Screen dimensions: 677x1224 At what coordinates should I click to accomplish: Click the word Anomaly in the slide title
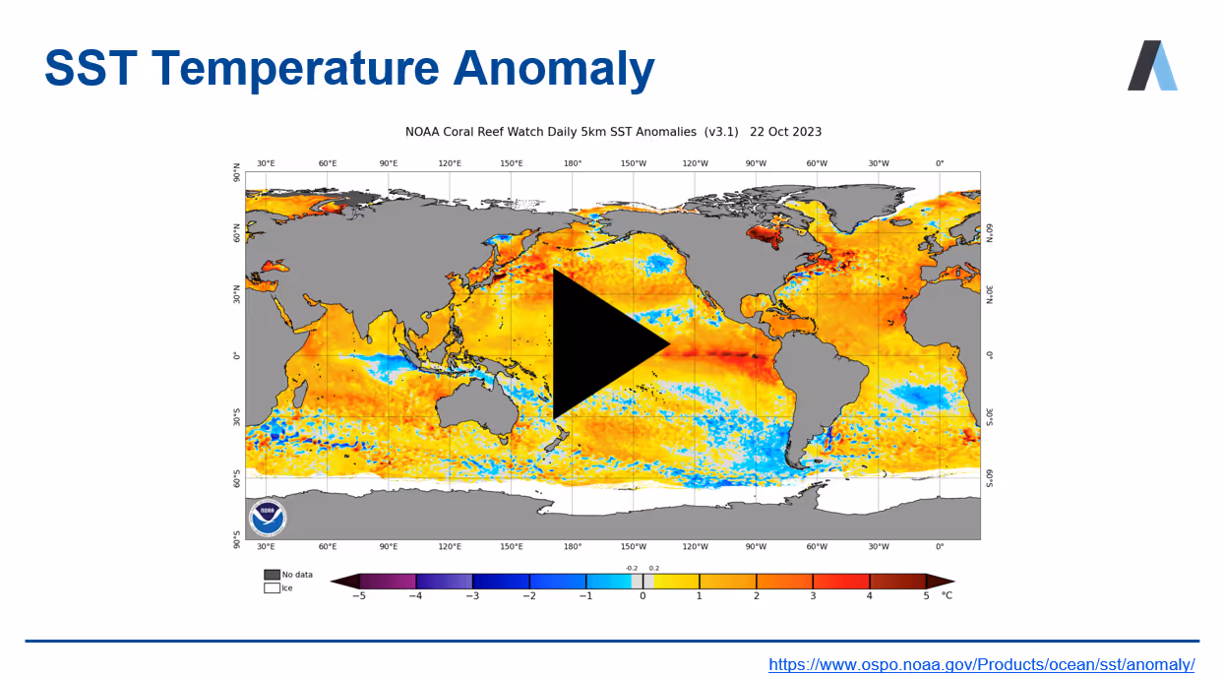[554, 69]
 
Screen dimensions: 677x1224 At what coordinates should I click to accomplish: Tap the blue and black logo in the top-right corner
[1152, 66]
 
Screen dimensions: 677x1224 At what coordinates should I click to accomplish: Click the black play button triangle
[602, 343]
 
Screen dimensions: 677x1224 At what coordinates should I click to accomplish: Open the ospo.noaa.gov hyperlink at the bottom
[981, 664]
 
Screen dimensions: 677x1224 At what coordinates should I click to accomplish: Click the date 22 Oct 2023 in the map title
[785, 131]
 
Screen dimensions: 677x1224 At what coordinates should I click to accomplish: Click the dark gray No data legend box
[272, 575]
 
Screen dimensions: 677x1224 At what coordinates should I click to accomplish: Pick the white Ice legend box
[272, 588]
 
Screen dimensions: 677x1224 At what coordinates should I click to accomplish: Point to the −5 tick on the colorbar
[360, 595]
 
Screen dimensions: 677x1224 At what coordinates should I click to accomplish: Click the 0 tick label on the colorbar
[643, 595]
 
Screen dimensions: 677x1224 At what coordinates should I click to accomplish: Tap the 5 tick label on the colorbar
[926, 595]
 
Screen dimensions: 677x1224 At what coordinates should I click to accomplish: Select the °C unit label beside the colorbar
[947, 595]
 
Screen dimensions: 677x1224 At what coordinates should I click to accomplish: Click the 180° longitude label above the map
[572, 163]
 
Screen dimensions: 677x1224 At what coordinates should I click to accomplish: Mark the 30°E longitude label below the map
[266, 546]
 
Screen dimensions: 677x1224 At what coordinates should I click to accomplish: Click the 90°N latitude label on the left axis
[236, 173]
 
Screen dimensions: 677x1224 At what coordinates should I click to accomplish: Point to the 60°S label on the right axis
[989, 478]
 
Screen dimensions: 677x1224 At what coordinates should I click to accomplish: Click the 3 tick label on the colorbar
[813, 595]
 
